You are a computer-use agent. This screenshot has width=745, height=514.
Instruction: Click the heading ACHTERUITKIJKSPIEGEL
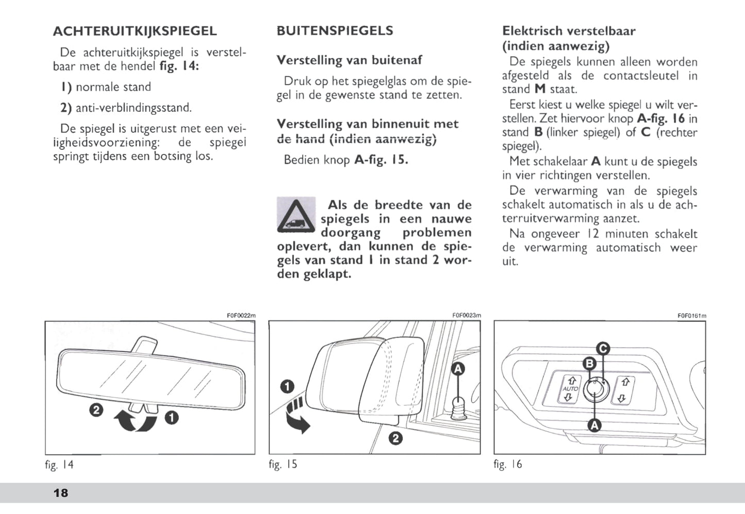pos(135,31)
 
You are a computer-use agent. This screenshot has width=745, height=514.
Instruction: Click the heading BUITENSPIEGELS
pos(335,31)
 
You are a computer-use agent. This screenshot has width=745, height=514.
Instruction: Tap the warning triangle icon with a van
pos(296,214)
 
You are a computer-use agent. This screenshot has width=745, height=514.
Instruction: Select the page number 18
pos(60,493)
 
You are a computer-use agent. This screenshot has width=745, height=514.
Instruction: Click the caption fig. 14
pos(59,465)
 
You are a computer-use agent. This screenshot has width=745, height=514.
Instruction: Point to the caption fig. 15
pos(283,464)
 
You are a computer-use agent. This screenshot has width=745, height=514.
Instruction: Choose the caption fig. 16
pos(508,464)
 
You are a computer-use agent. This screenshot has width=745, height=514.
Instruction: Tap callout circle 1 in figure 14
pos(171,417)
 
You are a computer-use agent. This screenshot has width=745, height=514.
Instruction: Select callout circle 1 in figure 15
pos(287,386)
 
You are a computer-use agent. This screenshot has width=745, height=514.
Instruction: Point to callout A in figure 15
pos(458,368)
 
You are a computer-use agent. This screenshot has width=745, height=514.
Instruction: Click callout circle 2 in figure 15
pos(395,438)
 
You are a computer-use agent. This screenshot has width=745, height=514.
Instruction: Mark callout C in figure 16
pos(603,349)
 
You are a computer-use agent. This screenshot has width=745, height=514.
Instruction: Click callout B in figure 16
pos(589,364)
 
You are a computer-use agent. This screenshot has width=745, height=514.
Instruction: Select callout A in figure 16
pos(594,425)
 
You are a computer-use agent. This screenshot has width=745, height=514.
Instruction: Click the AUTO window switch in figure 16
pos(570,389)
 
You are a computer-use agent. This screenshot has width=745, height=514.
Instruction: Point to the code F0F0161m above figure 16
pos(692,316)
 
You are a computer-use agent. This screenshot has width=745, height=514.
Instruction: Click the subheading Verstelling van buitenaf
pos(349,60)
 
